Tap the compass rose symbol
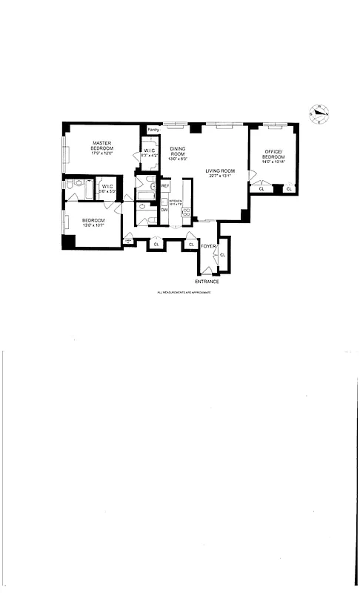[320, 115]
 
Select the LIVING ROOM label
[220, 171]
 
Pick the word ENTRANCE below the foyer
[207, 282]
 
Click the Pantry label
[153, 130]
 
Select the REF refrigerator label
[165, 185]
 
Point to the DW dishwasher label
[164, 210]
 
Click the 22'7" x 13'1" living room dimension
[220, 176]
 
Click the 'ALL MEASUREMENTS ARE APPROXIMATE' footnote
[184, 293]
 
